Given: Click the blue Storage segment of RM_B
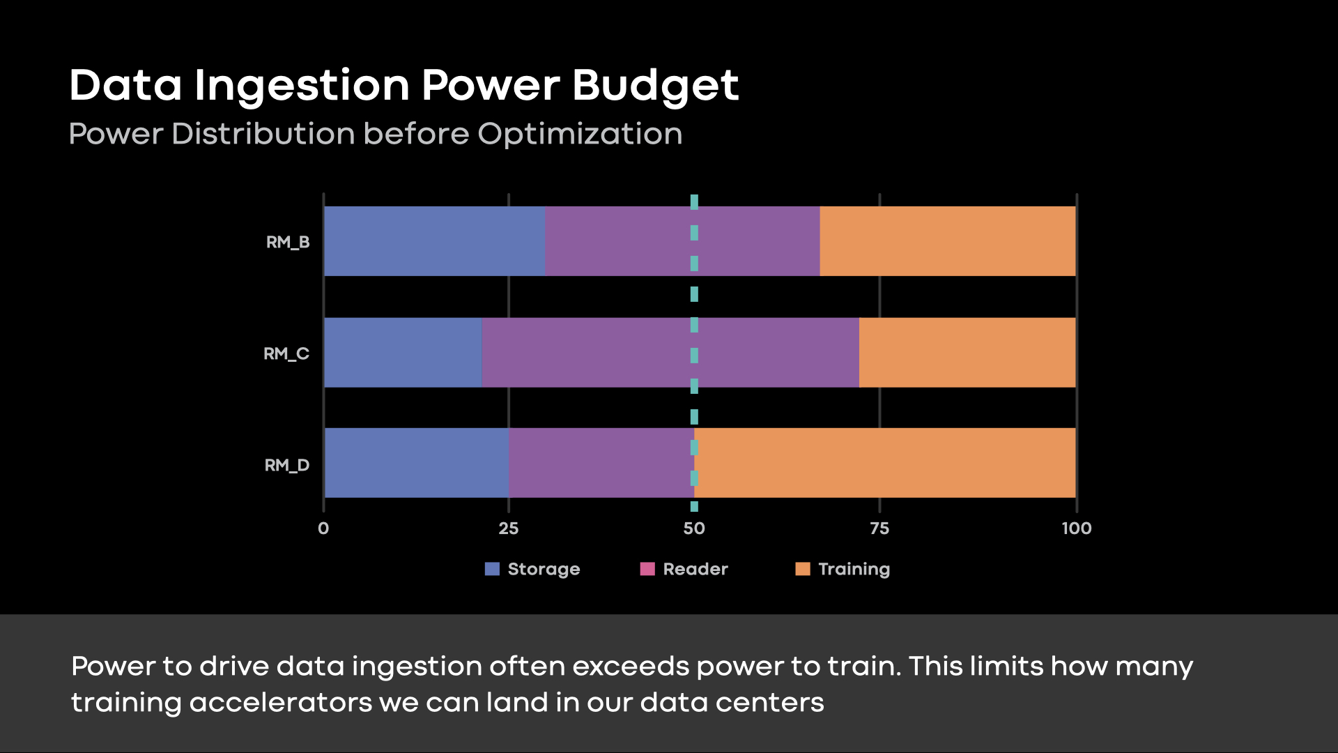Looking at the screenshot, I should click(x=434, y=241).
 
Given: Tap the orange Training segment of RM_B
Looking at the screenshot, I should click(x=948, y=241).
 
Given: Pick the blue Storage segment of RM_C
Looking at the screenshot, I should click(x=403, y=353).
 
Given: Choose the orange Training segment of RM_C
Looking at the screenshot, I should click(x=967, y=353).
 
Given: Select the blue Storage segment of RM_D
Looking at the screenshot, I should click(x=416, y=463).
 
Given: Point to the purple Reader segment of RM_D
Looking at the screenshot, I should click(x=601, y=463).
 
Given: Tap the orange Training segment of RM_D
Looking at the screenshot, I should click(x=885, y=463).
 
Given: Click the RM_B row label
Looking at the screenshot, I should click(x=287, y=243).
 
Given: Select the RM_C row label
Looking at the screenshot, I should click(x=286, y=354).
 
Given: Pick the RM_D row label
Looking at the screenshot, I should click(x=286, y=465).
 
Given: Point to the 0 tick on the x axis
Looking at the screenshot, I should click(x=323, y=528).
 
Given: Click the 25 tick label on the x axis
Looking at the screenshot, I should click(x=509, y=528).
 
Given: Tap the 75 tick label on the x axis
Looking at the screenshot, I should click(x=879, y=528).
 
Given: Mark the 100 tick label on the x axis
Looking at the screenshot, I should click(x=1076, y=528).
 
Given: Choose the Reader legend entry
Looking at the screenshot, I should click(x=685, y=569).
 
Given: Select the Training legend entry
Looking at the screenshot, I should click(x=843, y=569).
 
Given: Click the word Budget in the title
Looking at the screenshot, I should click(x=655, y=86).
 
